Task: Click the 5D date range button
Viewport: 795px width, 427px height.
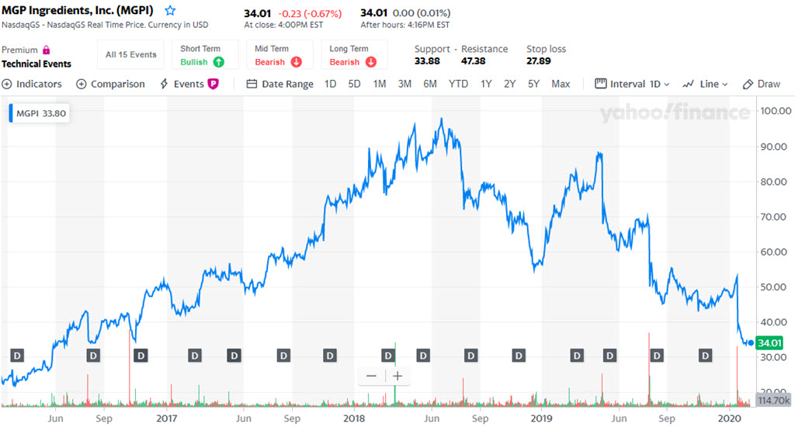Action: pos(354,84)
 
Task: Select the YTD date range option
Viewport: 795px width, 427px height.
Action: pos(458,84)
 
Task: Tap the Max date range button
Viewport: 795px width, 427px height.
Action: pos(561,84)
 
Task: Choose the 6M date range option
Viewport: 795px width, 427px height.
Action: pos(430,84)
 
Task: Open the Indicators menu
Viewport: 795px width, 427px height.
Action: pos(32,84)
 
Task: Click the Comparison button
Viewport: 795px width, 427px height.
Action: pos(110,84)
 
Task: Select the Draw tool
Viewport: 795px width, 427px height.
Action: pos(762,84)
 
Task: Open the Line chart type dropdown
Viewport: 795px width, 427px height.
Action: pos(706,84)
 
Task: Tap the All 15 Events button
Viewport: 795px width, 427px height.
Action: pos(131,54)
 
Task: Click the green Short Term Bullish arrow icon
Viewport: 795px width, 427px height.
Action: pos(219,62)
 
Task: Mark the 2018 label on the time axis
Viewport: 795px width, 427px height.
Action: pos(353,418)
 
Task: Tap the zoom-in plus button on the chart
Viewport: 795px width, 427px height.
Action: pos(397,376)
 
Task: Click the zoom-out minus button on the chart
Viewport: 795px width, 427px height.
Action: pos(371,376)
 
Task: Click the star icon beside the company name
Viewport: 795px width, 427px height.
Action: pos(170,11)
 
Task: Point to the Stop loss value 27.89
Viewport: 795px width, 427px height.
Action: pos(539,61)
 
